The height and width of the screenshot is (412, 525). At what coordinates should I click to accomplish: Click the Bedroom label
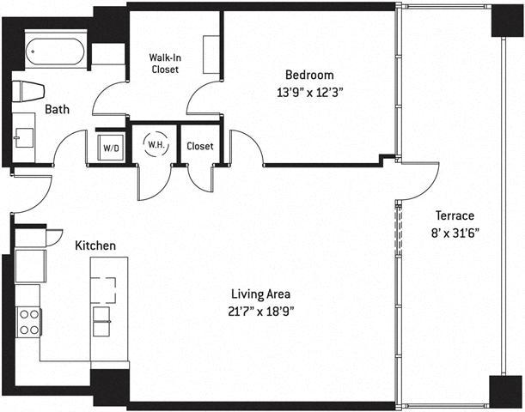click(309, 76)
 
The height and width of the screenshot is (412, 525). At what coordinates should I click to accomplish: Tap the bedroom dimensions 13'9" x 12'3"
click(310, 92)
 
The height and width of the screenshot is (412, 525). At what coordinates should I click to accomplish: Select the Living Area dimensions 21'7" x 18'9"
click(261, 312)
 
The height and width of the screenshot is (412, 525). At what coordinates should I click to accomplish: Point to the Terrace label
click(455, 215)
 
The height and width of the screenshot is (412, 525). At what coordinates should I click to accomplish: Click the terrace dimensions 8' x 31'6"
click(455, 233)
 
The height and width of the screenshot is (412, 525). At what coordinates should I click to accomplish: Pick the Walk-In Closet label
click(165, 64)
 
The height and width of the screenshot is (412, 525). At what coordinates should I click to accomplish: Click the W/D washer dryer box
click(111, 148)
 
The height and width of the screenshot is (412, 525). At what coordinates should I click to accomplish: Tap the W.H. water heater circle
click(156, 145)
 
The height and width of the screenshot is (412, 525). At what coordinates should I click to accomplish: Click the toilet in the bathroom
click(28, 91)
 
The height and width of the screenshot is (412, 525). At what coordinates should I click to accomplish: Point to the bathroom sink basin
click(24, 138)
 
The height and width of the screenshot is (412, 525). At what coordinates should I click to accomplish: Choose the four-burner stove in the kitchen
click(29, 322)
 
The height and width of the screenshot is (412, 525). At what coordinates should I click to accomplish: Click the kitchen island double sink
click(101, 321)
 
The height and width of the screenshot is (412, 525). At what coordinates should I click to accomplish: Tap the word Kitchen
click(95, 245)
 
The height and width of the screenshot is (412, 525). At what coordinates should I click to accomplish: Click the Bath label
click(57, 109)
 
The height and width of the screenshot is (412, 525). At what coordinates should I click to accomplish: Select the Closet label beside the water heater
click(200, 146)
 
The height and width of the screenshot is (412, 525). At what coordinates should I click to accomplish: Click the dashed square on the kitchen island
click(104, 290)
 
